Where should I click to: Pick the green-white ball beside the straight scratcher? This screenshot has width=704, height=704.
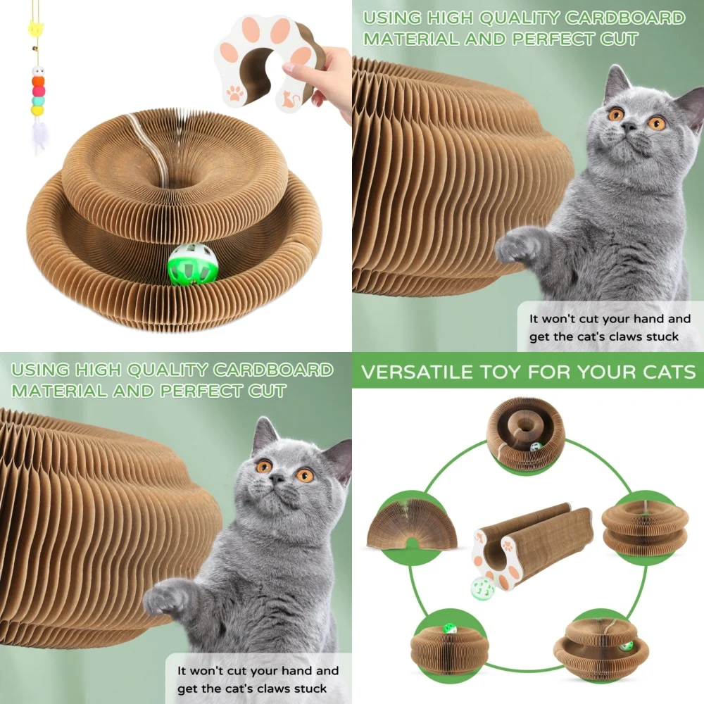tap(482, 588)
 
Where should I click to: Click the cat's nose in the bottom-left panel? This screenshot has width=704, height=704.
tap(277, 479)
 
